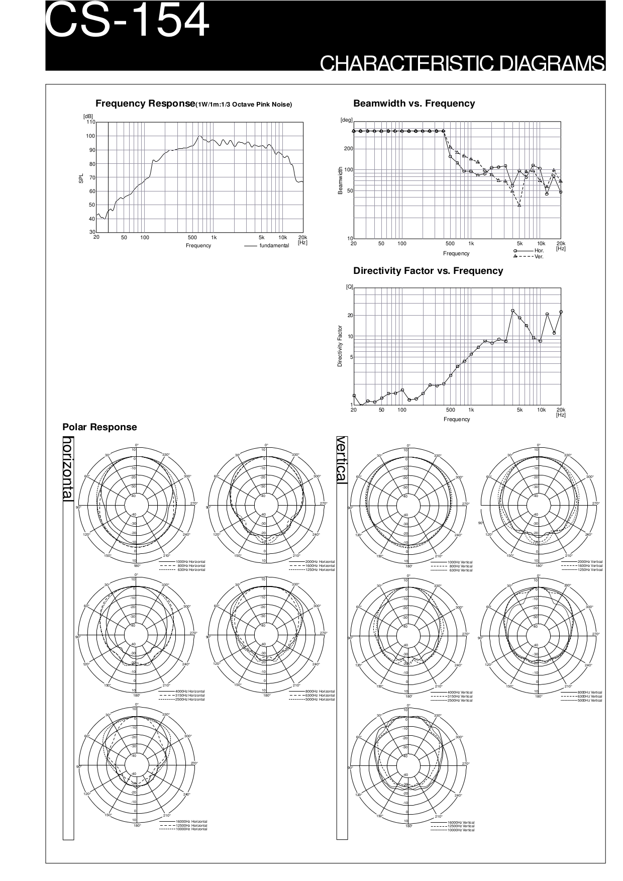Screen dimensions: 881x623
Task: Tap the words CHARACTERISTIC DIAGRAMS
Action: (x=462, y=63)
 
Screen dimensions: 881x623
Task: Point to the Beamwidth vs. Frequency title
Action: (x=414, y=104)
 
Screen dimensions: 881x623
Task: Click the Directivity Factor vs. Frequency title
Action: (x=428, y=271)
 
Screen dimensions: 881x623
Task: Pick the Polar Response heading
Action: (x=99, y=427)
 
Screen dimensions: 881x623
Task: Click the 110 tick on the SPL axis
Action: (x=90, y=122)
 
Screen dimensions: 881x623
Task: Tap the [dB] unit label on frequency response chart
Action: (x=88, y=117)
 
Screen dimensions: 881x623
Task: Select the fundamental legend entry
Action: (x=274, y=245)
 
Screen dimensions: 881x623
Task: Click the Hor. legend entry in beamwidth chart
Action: (x=539, y=250)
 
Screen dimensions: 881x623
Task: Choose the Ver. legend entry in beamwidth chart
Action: (x=539, y=256)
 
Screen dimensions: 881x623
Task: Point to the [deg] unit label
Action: (x=347, y=120)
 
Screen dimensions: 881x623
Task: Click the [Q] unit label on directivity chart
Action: (x=349, y=286)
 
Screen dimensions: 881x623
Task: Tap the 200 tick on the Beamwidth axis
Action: (x=348, y=149)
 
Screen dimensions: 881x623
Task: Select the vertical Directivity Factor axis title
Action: (x=340, y=346)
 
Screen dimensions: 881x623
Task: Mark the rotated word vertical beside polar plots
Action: (x=342, y=460)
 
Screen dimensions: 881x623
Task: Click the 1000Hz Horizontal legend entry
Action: (x=190, y=561)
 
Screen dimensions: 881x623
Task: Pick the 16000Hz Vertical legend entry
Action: (x=461, y=822)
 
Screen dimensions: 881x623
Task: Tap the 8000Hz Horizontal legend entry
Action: (x=320, y=692)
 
